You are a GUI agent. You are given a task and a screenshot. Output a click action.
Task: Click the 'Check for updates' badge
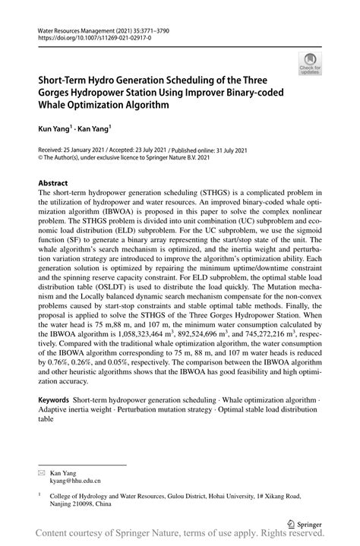pyautogui.click(x=310, y=66)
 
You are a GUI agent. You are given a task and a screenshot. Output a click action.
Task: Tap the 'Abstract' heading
pyautogui.click(x=53, y=183)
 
